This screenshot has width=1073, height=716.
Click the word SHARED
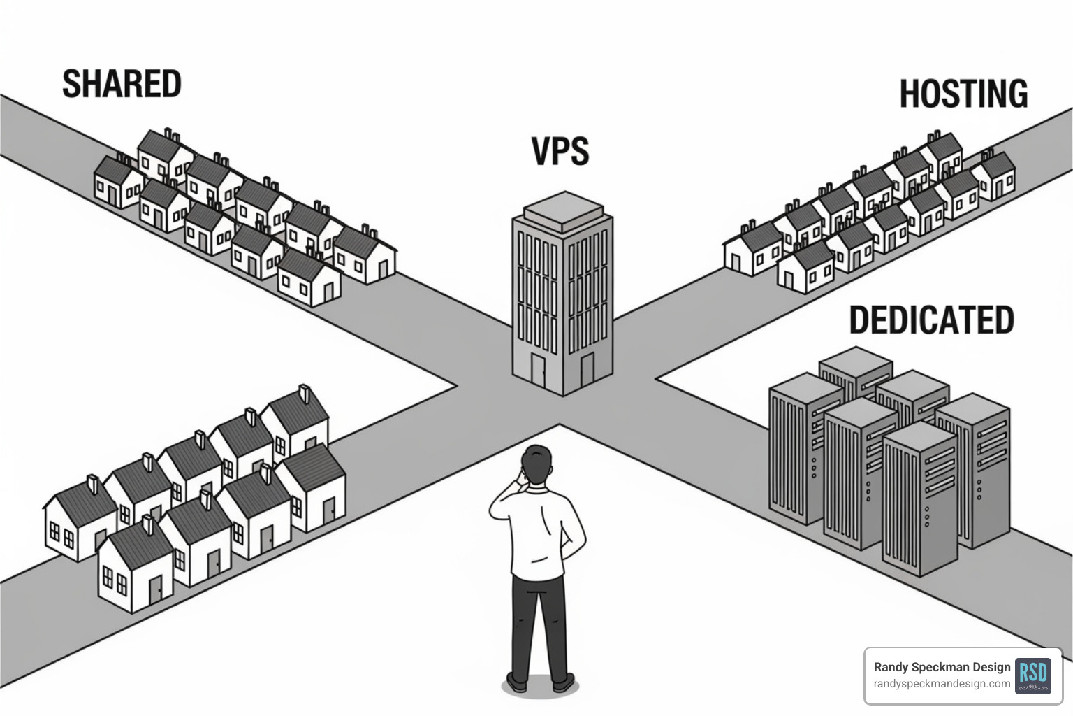(x=122, y=84)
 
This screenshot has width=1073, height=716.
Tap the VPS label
(x=560, y=151)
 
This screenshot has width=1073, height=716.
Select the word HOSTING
(x=963, y=94)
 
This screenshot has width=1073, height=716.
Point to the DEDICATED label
(x=931, y=320)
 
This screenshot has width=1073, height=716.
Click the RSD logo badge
(x=1032, y=675)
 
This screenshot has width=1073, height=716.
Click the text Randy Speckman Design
(x=942, y=667)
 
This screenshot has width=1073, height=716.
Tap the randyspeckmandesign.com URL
(x=942, y=684)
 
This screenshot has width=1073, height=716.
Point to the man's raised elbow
(x=497, y=509)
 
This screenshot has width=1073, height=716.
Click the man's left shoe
(x=518, y=681)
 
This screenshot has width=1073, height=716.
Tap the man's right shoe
(x=562, y=681)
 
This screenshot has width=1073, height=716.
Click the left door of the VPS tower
(x=538, y=369)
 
